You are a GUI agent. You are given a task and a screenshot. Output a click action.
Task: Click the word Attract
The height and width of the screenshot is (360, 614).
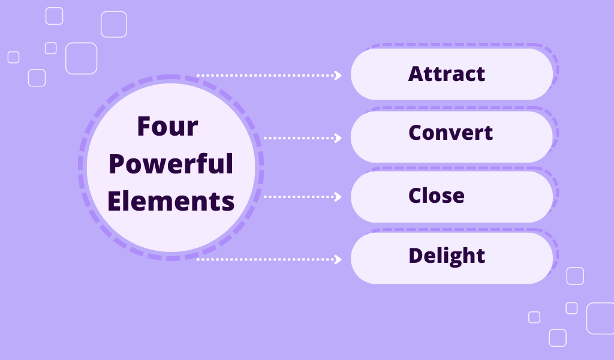[x=447, y=74]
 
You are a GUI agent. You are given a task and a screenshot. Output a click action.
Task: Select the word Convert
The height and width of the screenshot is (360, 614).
[x=451, y=133]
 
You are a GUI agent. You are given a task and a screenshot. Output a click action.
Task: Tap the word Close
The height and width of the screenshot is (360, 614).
[x=437, y=195]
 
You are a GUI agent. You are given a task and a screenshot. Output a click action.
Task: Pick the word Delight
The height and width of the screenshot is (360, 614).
[x=447, y=256]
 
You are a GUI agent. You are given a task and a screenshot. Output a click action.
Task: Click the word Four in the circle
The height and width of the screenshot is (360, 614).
[x=168, y=127]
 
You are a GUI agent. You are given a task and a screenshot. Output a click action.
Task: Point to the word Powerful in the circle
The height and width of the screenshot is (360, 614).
[x=171, y=164]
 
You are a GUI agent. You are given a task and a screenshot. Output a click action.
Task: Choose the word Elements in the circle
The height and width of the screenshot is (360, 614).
[x=171, y=200]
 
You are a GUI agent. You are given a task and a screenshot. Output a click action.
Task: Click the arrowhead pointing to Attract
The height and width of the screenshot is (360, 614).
[x=338, y=76]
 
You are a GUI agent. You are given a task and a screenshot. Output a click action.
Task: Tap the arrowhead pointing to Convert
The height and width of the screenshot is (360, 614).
[x=338, y=138]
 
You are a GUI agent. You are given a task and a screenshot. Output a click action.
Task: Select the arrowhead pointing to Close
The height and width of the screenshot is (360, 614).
[x=338, y=197]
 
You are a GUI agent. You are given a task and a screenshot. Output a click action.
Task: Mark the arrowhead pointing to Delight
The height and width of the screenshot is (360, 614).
[x=338, y=259]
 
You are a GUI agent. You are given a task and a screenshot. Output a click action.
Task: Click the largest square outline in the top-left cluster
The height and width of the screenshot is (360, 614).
[x=81, y=58]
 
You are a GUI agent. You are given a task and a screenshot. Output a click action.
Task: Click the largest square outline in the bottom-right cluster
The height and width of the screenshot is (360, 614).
[x=600, y=318]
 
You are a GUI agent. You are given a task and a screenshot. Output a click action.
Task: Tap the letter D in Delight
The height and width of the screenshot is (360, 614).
[x=415, y=256]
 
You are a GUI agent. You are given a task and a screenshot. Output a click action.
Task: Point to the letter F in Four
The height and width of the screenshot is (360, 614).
[x=143, y=127]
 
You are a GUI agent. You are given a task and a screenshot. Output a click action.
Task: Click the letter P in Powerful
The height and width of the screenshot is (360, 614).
[x=116, y=164]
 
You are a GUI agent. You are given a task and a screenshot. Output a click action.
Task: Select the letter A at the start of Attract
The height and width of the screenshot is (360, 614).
[x=416, y=74]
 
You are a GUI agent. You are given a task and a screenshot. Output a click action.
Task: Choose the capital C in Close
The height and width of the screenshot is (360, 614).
[x=415, y=195]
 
